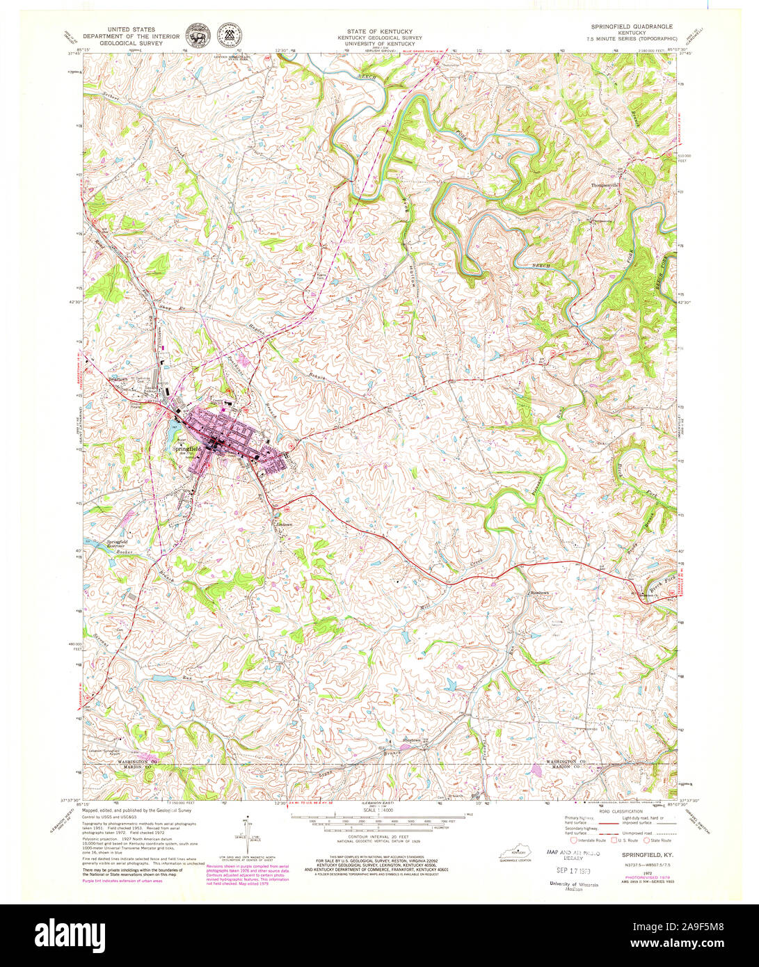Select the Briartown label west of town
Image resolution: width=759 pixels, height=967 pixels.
[122, 380]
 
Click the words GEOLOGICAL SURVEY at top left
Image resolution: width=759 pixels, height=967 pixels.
[131, 42]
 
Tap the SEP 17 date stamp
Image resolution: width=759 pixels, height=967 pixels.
[564, 870]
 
